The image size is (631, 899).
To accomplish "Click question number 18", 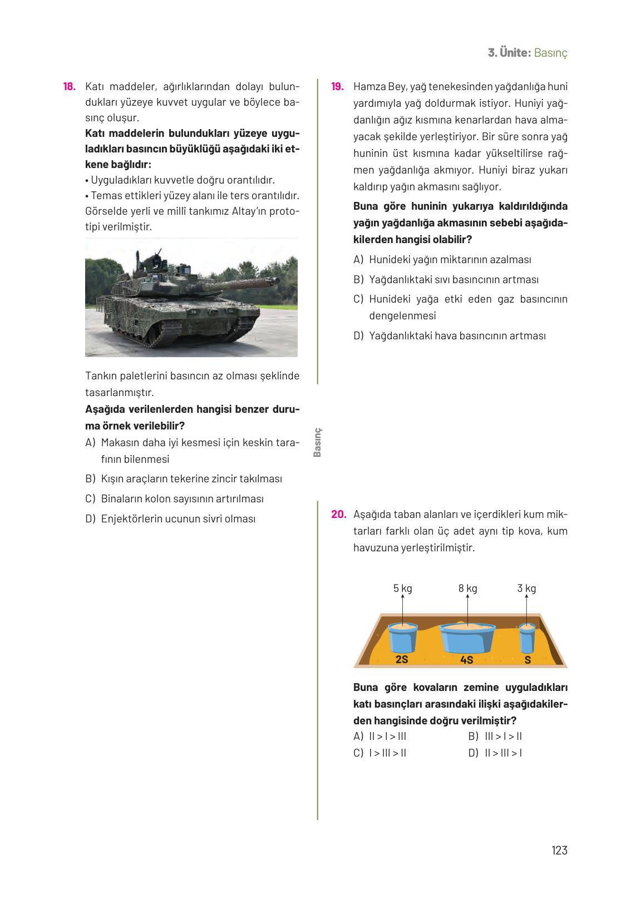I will click(69, 87).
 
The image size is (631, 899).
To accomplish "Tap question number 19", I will click(337, 87).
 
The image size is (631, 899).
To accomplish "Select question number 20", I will click(338, 515).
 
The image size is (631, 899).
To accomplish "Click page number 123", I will click(559, 851).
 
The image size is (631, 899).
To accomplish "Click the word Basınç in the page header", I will click(550, 53).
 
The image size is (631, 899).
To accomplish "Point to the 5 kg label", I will click(402, 589).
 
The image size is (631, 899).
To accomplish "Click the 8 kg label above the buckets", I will click(467, 589).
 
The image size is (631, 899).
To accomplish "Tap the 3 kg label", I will click(526, 589).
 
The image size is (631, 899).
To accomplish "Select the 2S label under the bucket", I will click(402, 659).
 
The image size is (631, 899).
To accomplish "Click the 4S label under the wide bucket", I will click(466, 660).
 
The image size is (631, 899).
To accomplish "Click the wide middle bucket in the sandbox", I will click(467, 638).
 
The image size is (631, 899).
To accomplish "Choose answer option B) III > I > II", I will click(495, 737).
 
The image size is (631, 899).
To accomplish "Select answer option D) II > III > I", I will click(495, 753).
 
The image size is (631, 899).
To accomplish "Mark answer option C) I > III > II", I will click(380, 753).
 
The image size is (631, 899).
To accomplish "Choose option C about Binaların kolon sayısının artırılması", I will click(175, 499).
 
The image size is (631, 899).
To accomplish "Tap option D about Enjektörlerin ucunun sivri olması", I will click(171, 519).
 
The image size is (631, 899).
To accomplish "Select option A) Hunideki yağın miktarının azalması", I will click(442, 260).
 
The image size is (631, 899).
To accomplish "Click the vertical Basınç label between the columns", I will click(317, 442).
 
